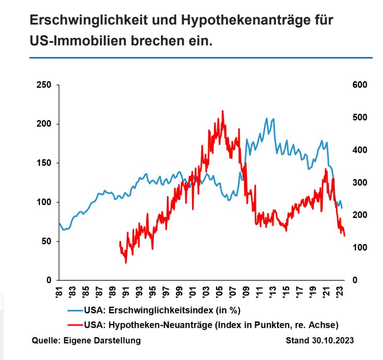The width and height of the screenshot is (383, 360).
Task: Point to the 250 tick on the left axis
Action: click(x=44, y=85)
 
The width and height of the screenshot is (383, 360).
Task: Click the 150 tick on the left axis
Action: click(x=44, y=163)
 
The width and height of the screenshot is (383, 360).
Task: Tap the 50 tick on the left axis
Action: click(x=46, y=241)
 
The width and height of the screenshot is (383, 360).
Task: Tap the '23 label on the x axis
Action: click(x=341, y=290)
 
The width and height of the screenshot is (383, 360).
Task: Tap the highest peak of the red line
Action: click(x=223, y=111)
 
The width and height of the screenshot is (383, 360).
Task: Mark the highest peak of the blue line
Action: click(x=267, y=118)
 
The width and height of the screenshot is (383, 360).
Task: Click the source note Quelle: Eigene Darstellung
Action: click(x=86, y=341)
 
